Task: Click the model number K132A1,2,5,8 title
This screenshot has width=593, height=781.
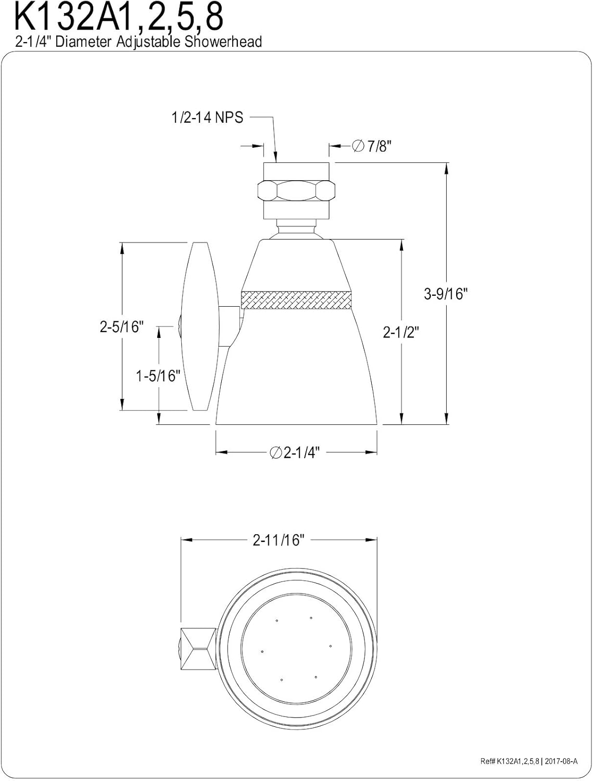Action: [119, 17]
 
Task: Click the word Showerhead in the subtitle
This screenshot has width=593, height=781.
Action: [223, 42]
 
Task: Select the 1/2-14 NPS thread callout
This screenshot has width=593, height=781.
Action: [207, 118]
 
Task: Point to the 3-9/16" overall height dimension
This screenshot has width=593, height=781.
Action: [446, 294]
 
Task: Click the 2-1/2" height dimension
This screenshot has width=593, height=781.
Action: [401, 332]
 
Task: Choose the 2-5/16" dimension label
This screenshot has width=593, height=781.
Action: [121, 326]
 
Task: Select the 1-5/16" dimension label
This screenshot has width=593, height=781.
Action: [158, 375]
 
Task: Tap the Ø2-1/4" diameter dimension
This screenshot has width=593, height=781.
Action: [294, 453]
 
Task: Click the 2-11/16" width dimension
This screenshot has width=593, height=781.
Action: [278, 540]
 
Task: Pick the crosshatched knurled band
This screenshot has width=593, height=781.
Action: [296, 300]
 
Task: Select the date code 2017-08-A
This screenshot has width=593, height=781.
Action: [560, 762]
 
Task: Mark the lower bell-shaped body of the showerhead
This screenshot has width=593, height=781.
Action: [296, 370]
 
